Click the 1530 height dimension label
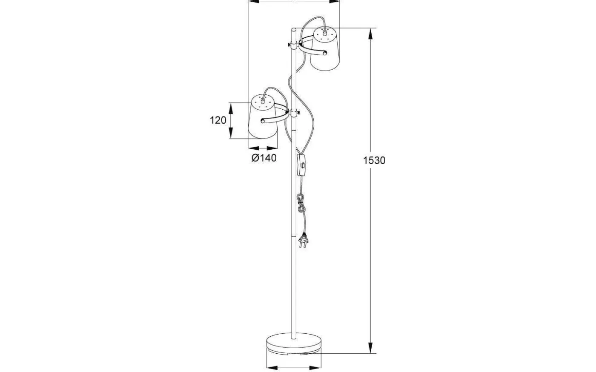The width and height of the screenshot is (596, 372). [x=374, y=161]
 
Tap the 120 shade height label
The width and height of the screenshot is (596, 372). [x=218, y=120]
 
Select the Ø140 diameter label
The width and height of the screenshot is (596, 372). [x=264, y=158]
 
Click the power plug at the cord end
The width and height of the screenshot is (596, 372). [x=304, y=240]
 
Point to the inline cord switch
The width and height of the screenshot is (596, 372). [x=301, y=165]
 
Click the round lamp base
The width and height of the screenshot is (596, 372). [x=294, y=344]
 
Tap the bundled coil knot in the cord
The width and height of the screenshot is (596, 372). [x=301, y=203]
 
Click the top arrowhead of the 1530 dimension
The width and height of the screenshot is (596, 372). [x=370, y=34]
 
